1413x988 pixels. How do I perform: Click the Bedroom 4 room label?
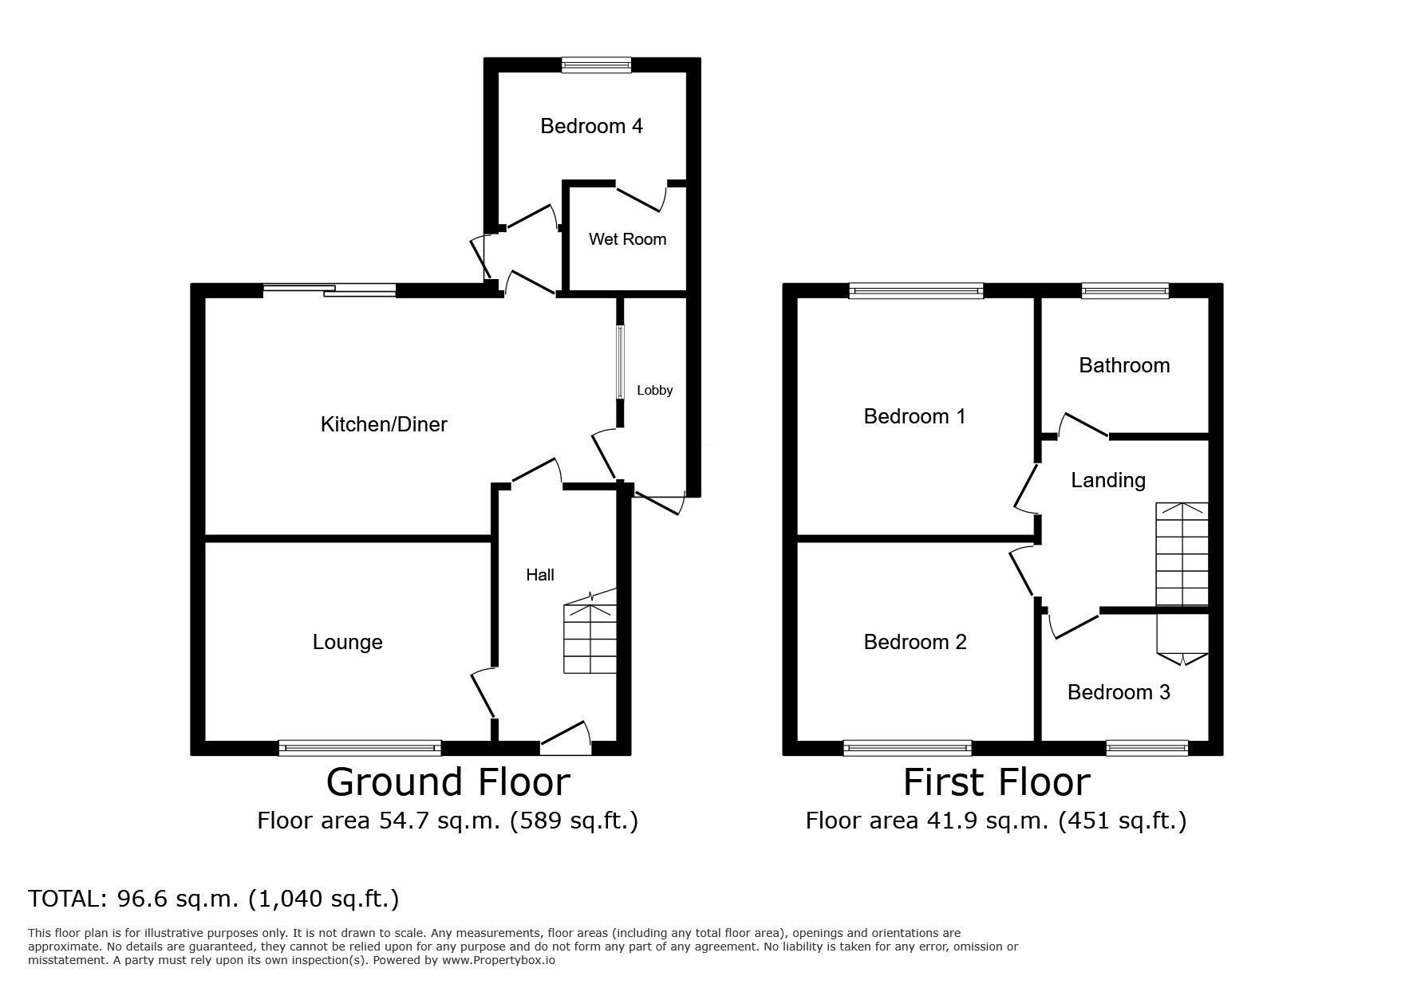tap(591, 126)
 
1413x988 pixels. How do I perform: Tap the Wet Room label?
tap(627, 239)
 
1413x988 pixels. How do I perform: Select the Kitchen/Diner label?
tap(384, 424)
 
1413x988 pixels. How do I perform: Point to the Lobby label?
tap(654, 391)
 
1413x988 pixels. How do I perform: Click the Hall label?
tap(540, 575)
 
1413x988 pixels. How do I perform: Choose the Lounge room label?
tap(347, 643)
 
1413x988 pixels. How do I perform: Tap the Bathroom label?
tap(1124, 365)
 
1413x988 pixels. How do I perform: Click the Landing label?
tap(1108, 480)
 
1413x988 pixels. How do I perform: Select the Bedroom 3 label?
tap(1119, 692)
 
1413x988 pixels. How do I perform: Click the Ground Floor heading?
tap(448, 782)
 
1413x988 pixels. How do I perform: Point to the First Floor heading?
tap(997, 782)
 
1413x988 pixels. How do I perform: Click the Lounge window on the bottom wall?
tap(360, 748)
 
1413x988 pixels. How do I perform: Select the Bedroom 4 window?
tap(596, 65)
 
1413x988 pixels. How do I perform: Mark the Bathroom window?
tap(1125, 291)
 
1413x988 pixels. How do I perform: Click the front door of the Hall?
tap(566, 738)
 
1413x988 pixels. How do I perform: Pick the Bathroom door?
tap(1083, 425)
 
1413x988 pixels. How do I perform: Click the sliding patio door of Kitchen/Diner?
tap(330, 291)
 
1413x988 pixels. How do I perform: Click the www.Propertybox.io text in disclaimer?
tap(498, 961)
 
